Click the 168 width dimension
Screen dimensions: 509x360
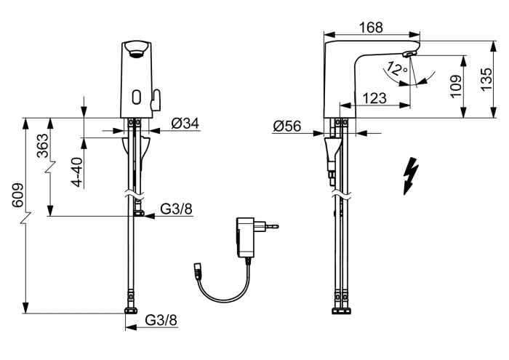(371, 28)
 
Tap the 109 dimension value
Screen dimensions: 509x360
(456, 86)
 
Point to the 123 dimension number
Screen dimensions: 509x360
(374, 98)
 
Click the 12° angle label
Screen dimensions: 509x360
(396, 69)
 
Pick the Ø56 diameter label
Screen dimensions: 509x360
(287, 126)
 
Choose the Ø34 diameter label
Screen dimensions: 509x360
(185, 123)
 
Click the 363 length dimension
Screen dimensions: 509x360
(42, 145)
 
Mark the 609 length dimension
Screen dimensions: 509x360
(18, 195)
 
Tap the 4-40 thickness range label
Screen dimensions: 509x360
(78, 172)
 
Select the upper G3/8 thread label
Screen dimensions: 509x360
(176, 209)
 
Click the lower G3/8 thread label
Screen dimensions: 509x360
(161, 320)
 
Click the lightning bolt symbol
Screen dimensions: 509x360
(410, 176)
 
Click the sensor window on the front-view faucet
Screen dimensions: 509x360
(137, 97)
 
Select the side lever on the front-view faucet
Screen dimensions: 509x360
(156, 100)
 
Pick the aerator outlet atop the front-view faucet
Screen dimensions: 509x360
(137, 49)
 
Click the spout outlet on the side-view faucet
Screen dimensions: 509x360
(410, 55)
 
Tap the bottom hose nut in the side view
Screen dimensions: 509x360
(341, 311)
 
